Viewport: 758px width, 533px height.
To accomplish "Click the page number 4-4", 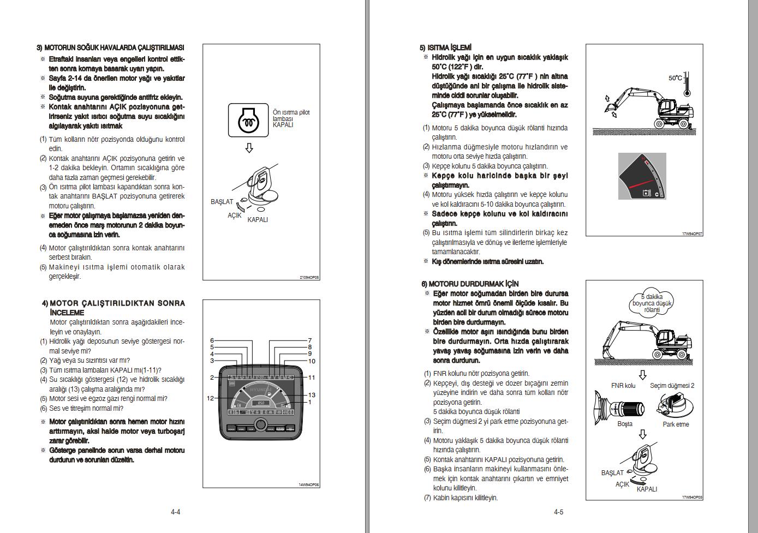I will click(x=175, y=512).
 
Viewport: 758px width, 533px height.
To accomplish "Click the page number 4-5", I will click(x=558, y=512).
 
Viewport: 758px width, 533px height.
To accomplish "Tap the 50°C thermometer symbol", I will click(x=687, y=84).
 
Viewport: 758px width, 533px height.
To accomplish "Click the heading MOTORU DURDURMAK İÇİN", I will click(x=470, y=284).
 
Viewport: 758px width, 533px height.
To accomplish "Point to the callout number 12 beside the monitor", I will click(x=210, y=398).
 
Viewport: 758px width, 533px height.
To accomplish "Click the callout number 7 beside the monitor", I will click(x=309, y=340).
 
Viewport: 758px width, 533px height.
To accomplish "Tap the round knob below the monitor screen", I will click(x=260, y=425).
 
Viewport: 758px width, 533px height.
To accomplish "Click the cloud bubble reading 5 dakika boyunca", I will click(x=652, y=303).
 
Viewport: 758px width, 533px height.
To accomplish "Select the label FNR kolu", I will click(x=623, y=386).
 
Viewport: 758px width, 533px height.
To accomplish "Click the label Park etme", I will click(x=676, y=424).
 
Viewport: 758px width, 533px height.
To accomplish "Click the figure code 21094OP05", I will click(x=309, y=278).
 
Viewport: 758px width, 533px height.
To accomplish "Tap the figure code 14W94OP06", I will click(x=309, y=484).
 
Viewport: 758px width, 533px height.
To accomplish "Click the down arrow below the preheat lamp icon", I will click(x=249, y=148).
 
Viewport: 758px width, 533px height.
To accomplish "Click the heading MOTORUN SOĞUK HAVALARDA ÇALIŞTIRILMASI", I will click(x=111, y=48).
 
